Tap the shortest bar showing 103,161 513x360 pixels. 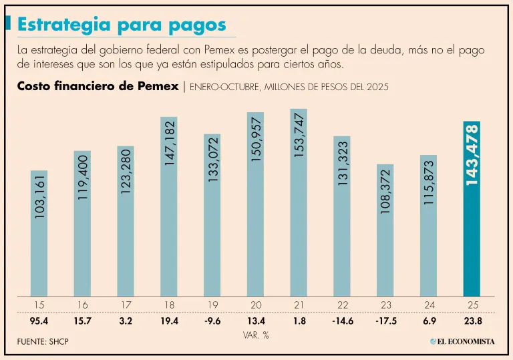[39, 233]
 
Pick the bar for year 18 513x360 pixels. [169, 206]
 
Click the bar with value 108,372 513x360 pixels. [385, 230]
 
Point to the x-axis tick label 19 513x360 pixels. [212, 305]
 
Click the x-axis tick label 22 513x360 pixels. [342, 305]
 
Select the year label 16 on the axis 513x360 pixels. [83, 305]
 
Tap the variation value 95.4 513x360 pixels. [39, 321]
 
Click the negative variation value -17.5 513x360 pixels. [385, 321]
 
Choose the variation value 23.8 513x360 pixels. [472, 321]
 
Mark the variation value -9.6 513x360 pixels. [212, 321]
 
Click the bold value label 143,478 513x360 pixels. [472, 155]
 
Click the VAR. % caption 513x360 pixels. [256, 335]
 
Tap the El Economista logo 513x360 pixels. [462, 341]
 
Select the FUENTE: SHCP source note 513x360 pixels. [43, 342]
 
